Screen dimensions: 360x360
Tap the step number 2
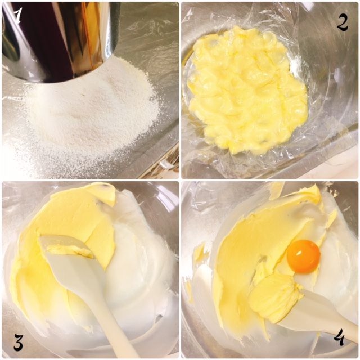(x=342, y=23)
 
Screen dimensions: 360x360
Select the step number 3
(x=19, y=343)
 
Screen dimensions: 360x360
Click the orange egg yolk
(x=304, y=256)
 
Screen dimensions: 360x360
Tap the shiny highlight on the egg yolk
(x=300, y=253)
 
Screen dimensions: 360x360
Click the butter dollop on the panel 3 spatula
(x=69, y=250)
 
